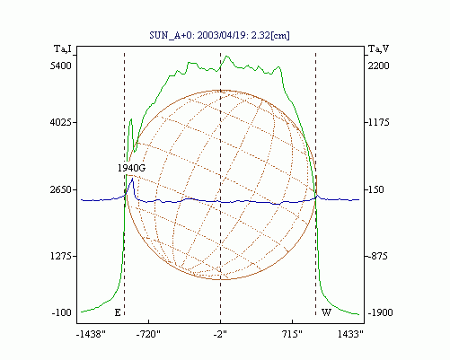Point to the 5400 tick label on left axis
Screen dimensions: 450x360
pos(61,66)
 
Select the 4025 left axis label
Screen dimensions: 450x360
pos(61,122)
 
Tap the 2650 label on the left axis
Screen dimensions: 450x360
pos(61,189)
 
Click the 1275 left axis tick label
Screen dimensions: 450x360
pos(61,257)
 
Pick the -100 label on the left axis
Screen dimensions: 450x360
pos(62,313)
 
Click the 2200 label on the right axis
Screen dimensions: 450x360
pos(378,66)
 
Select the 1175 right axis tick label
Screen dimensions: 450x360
pos(378,122)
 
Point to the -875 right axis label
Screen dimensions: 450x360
pos(377,257)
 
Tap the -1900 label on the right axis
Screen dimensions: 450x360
pos(380,313)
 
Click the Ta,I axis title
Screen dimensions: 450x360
pos(63,48)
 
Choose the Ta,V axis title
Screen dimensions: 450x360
pos(378,48)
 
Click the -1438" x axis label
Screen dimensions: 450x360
pos(91,334)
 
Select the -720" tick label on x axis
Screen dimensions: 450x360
pos(148,334)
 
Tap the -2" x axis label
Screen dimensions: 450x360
pos(220,334)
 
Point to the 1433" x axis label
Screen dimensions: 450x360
pos(350,334)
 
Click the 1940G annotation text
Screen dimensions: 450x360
pos(131,168)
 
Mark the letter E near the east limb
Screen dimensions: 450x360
pos(118,313)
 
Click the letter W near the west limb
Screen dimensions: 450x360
pos(326,313)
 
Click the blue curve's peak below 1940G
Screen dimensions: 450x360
pos(132,179)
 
